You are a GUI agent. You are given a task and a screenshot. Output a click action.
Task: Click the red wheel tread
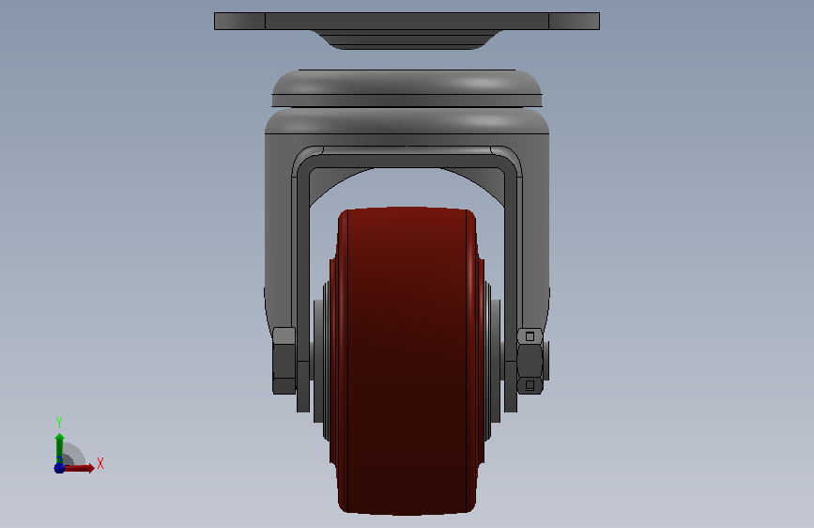tap(407, 361)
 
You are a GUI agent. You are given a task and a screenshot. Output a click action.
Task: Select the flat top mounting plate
tap(407, 22)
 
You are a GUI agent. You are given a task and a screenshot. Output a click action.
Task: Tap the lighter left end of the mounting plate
tap(239, 22)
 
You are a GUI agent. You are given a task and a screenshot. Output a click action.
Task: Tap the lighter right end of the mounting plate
tap(575, 22)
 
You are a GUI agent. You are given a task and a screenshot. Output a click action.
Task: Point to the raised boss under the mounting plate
tap(407, 39)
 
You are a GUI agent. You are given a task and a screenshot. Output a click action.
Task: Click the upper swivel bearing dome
tap(407, 87)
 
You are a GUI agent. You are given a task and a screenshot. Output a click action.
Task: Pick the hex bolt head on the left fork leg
tap(284, 360)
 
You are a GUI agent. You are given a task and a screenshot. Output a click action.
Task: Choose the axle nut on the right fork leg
tap(530, 361)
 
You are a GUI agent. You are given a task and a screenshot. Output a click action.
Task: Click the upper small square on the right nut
tap(530, 336)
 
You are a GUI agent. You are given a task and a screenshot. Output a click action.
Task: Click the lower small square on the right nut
tap(530, 385)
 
